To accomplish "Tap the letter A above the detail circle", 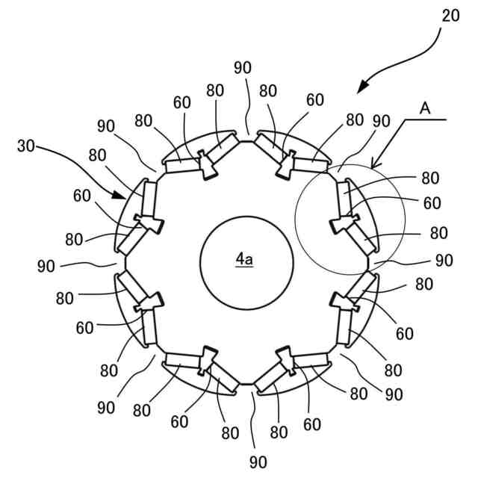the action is tap(424, 109).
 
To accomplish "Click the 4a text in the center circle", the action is tap(244, 259).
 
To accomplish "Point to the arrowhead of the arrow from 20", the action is tap(359, 92).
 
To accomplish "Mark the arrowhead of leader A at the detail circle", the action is tap(374, 166).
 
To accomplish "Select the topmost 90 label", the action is tap(242, 67).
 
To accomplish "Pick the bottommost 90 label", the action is tap(258, 462).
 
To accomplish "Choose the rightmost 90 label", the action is tap(444, 261).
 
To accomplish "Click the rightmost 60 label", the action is tap(432, 202).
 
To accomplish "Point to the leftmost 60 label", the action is tap(83, 196).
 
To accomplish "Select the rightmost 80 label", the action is tap(439, 233).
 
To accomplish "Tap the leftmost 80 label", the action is tap(65, 299).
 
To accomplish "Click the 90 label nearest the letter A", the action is tap(380, 120).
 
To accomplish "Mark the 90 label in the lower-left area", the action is tap(106, 408).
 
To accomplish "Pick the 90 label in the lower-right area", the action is tap(394, 394).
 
